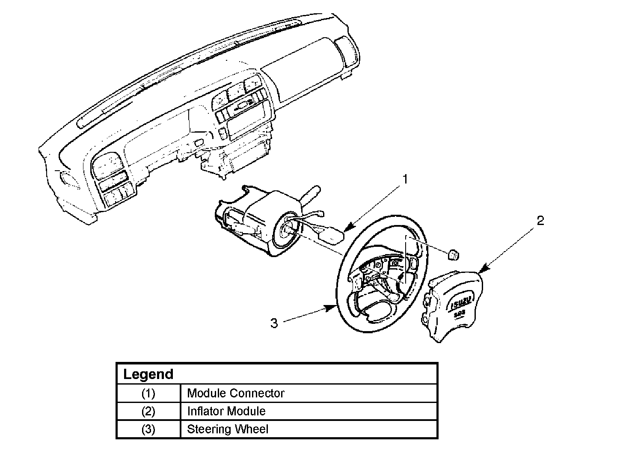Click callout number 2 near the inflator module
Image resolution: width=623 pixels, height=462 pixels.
click(x=540, y=221)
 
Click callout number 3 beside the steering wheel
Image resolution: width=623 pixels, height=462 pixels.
click(x=274, y=323)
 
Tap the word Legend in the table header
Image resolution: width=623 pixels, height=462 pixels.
click(x=148, y=374)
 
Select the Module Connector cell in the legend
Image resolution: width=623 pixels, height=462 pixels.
click(x=236, y=393)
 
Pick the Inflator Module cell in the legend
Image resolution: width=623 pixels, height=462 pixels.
click(x=226, y=411)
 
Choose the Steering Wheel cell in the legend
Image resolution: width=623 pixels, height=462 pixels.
click(x=228, y=429)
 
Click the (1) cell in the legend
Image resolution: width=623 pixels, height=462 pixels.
click(x=148, y=393)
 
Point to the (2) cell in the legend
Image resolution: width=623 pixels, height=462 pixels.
click(x=148, y=411)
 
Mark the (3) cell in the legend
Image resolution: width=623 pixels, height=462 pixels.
click(x=148, y=429)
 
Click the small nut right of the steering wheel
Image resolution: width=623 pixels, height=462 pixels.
click(x=454, y=255)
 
